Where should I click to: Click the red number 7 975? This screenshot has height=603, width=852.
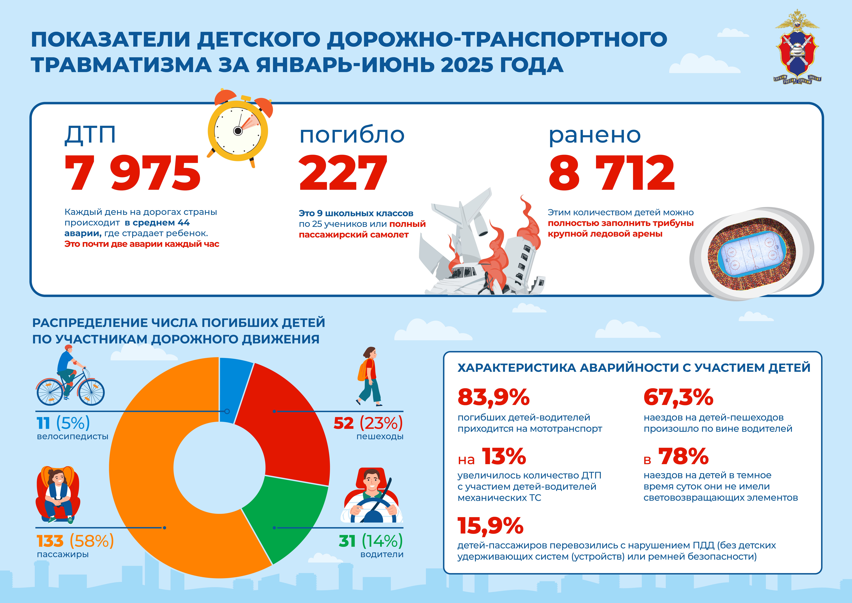pyautogui.click(x=132, y=173)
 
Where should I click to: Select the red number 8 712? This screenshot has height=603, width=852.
pyautogui.click(x=612, y=173)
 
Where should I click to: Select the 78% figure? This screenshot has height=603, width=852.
pyautogui.click(x=683, y=456)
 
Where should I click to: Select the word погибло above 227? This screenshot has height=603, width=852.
pyautogui.click(x=352, y=134)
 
